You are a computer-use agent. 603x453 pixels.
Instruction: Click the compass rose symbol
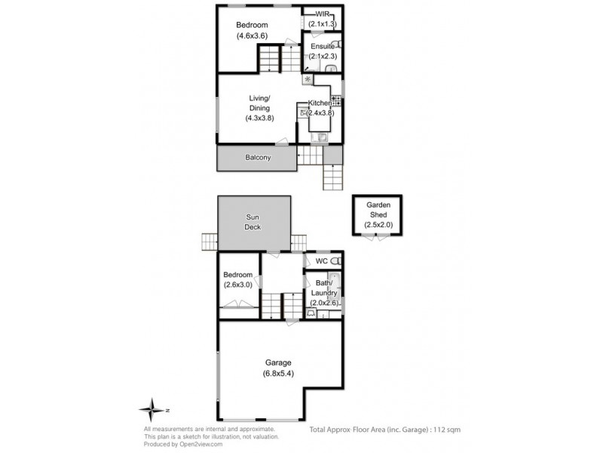pyautogui.click(x=152, y=409)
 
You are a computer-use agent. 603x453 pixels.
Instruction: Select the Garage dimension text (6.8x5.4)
pyautogui.click(x=278, y=374)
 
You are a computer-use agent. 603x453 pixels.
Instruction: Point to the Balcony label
pyautogui.click(x=258, y=158)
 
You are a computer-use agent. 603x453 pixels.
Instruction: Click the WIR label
pyautogui.click(x=322, y=14)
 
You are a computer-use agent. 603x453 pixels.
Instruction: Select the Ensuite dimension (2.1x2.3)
pyautogui.click(x=323, y=56)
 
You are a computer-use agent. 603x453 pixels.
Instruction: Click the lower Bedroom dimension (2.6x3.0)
pyautogui.click(x=239, y=285)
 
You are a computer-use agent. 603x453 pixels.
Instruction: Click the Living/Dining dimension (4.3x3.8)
pyautogui.click(x=259, y=118)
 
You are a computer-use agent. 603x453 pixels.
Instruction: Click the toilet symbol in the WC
pyautogui.click(x=336, y=260)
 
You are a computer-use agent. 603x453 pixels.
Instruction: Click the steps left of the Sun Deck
pyautogui.click(x=209, y=242)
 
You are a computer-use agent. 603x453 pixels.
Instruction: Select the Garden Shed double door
pyautogui.click(x=377, y=236)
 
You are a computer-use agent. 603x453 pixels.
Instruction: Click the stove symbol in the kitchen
pyautogui.click(x=335, y=100)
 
